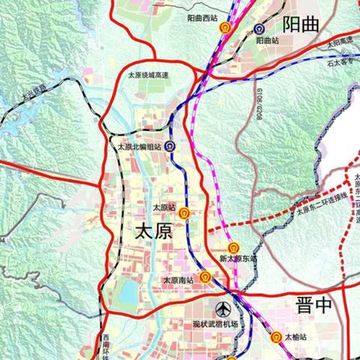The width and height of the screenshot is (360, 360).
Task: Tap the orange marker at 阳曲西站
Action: click(224, 27)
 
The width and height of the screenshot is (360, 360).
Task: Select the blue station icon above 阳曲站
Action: click(259, 29)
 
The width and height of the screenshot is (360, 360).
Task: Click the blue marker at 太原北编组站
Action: click(171, 148)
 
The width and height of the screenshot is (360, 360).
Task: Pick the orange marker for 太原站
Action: click(184, 213)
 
